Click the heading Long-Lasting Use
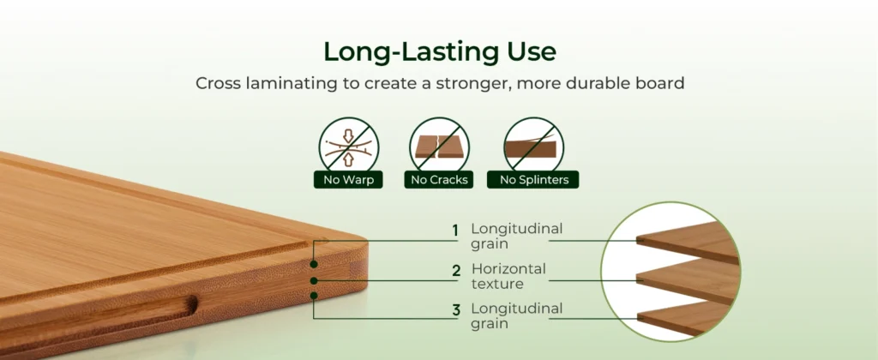[440, 51]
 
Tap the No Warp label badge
[348, 180]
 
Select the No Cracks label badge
[439, 180]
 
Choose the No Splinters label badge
[533, 180]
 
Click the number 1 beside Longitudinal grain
[455, 231]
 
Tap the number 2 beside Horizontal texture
[456, 271]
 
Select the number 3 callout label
[456, 310]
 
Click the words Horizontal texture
[508, 276]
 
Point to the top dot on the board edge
[314, 264]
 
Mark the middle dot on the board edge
[314, 280]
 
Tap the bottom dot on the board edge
[314, 295]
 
